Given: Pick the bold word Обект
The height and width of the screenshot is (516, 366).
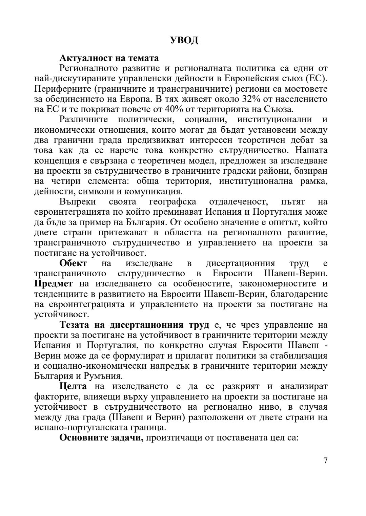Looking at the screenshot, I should pos(73,263).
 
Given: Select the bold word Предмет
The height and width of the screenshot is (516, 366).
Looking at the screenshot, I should pos(54,283).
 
